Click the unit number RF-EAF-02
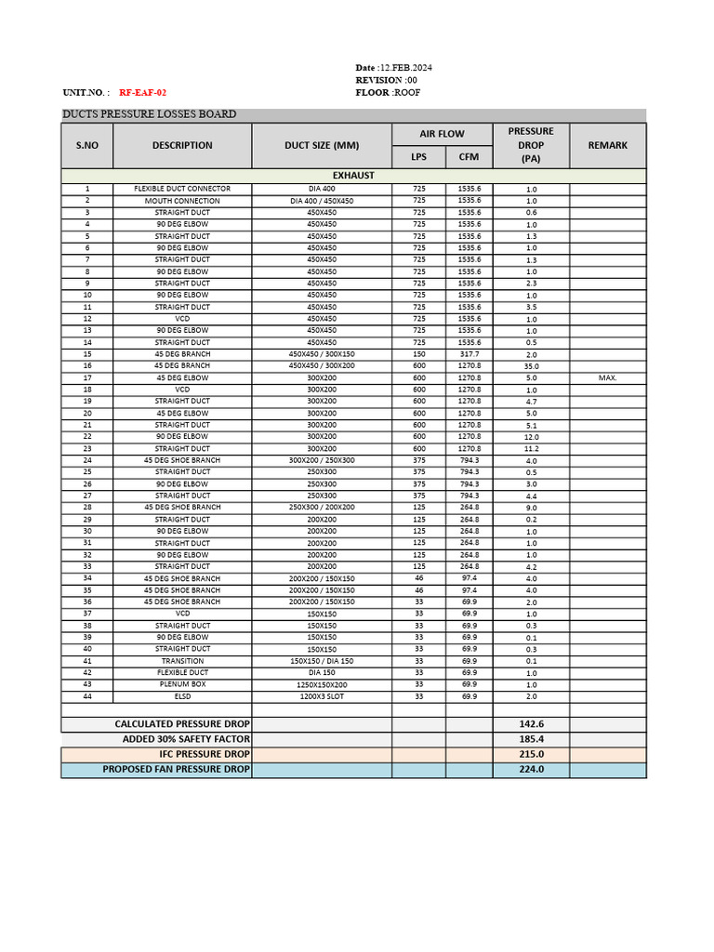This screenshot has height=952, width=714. coord(143,93)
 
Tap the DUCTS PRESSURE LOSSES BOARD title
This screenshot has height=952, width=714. coord(149,114)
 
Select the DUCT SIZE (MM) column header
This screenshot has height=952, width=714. coord(322,145)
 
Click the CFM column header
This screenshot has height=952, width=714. coord(469,157)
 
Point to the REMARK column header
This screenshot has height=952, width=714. coord(607,145)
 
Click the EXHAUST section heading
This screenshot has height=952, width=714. coord(353,175)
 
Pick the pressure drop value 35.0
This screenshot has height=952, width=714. coord(531,366)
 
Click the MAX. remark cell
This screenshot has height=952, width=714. coord(607,378)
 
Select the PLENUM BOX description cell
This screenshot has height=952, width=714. coord(182,684)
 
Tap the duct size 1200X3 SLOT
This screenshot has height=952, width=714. coord(322,696)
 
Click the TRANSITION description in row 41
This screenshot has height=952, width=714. coord(182,661)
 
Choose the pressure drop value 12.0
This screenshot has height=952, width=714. coord(531,437)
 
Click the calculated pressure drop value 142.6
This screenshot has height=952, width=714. coord(531,724)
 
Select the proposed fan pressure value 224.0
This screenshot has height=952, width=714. coord(531,769)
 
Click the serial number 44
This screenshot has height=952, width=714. coord(87,696)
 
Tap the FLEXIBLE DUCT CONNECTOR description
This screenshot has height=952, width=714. coord(182,189)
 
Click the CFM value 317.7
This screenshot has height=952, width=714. coord(469,354)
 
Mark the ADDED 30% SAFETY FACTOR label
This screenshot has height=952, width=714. coord(187,739)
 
